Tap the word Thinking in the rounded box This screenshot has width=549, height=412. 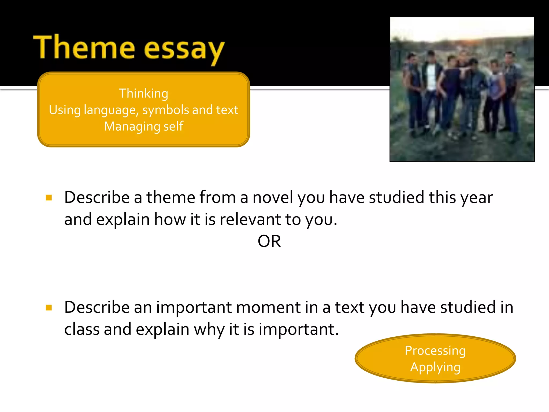[x=143, y=93]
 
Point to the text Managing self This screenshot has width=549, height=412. [x=144, y=126]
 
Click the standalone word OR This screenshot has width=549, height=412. [x=269, y=241]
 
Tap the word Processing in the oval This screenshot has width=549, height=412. [x=435, y=351]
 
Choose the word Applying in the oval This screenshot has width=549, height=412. [x=435, y=367]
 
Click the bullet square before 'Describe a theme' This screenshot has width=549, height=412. [x=49, y=198]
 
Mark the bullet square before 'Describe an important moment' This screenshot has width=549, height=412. [x=49, y=307]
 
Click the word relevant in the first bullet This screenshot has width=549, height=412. [x=250, y=219]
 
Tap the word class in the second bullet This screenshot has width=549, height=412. [x=82, y=329]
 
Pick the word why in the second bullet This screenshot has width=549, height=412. [x=209, y=330]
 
